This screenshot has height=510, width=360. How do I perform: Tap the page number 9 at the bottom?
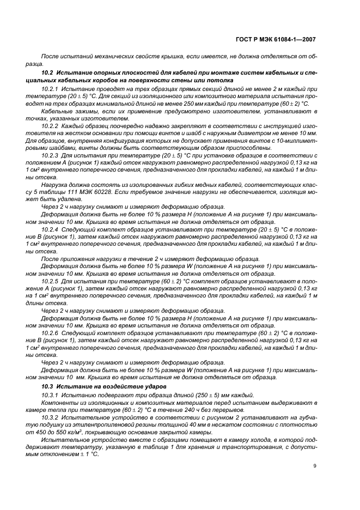tap(315, 465)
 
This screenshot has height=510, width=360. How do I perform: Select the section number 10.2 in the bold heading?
tap(47, 72)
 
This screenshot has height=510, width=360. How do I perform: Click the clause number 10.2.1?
tap(51, 88)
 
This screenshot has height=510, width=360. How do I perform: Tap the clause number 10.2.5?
tap(51, 281)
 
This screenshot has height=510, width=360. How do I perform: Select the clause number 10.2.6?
tap(51, 333)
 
